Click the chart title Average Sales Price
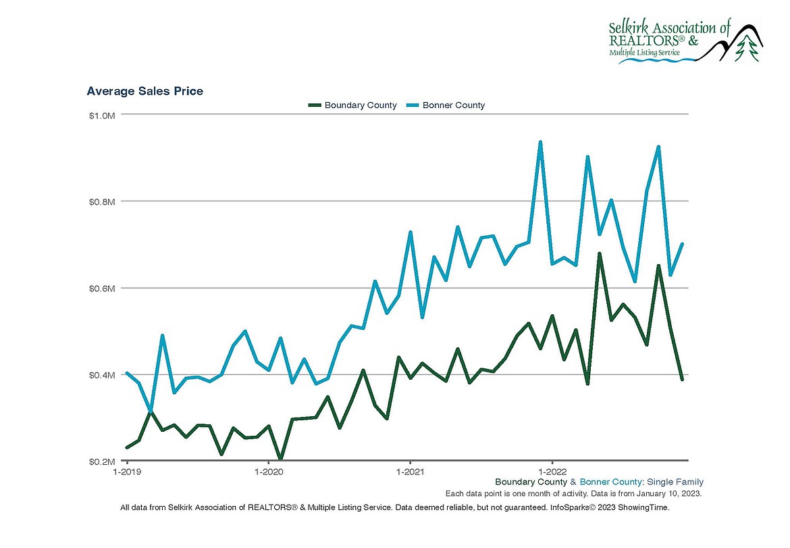(144, 91)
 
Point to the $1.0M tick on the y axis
(102, 116)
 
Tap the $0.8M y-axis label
(102, 201)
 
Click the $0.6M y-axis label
(102, 288)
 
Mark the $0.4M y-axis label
(102, 374)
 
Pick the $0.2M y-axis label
(102, 461)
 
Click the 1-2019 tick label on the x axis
(126, 471)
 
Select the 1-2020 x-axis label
(268, 471)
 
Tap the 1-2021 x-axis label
(410, 471)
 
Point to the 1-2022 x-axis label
(552, 471)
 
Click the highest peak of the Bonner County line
(540, 142)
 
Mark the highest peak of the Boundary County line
(599, 253)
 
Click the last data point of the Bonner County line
(682, 244)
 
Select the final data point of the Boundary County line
(682, 379)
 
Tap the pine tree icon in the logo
(747, 49)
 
